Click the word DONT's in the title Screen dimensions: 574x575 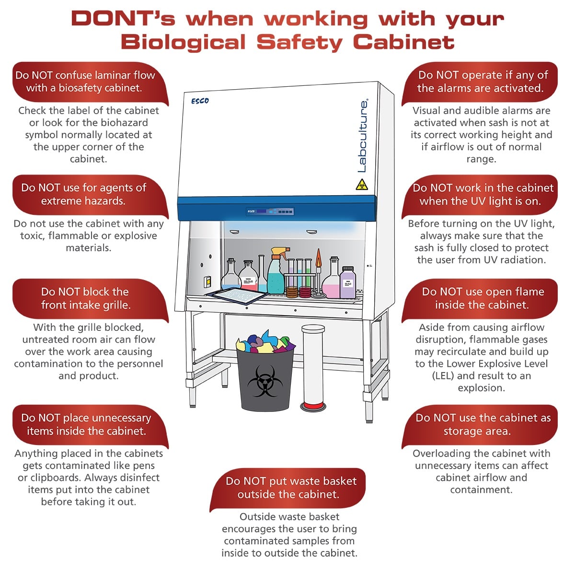(x=123, y=19)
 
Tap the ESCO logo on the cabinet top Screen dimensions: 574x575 (x=200, y=101)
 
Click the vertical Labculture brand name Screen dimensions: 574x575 (x=363, y=136)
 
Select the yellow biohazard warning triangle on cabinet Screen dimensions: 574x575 (x=362, y=185)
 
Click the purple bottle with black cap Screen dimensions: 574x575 (x=347, y=283)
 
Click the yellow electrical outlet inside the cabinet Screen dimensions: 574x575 (x=207, y=281)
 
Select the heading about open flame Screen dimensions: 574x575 (x=482, y=298)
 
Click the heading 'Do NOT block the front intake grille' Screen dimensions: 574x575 (x=85, y=298)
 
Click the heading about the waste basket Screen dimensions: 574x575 (x=290, y=488)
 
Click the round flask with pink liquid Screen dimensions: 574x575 (x=331, y=286)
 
